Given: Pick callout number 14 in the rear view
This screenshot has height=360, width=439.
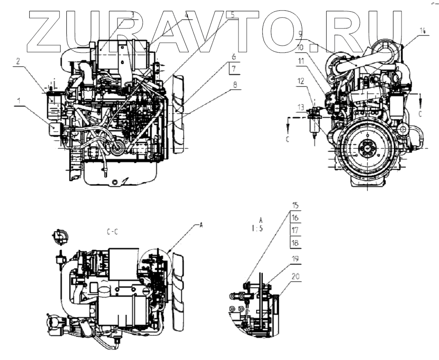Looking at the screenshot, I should (x=422, y=31).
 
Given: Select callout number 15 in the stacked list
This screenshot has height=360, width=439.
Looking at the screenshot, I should (x=295, y=206).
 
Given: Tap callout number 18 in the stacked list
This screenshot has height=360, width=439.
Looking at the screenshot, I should (x=295, y=243).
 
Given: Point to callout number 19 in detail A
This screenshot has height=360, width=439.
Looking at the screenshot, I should (x=295, y=259).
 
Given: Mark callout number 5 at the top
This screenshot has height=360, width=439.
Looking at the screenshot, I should (x=233, y=14).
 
